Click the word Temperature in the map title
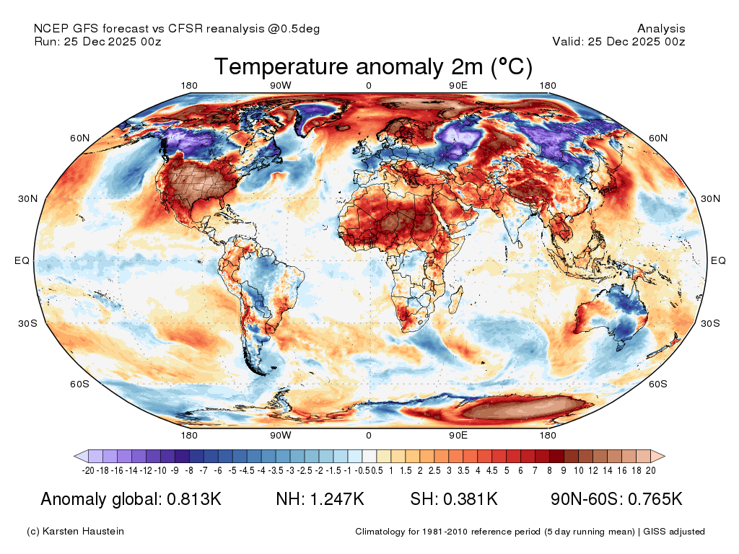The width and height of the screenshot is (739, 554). tap(281, 66)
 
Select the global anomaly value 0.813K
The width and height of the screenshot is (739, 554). tap(194, 499)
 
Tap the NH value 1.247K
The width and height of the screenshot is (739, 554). tap(336, 499)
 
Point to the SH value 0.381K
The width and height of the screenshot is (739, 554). tap(471, 499)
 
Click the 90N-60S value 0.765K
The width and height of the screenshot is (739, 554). tap(655, 499)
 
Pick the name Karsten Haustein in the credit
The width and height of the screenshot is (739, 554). tap(83, 532)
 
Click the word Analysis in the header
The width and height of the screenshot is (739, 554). tap(661, 29)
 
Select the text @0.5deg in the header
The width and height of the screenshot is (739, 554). tap(294, 29)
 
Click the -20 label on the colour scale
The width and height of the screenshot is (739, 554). tap(88, 470)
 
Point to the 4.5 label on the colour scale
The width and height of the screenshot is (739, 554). tap(491, 470)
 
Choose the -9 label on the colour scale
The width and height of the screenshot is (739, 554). tap(175, 470)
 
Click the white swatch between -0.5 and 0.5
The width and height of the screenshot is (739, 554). tap(369, 456)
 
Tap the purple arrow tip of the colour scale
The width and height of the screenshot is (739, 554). tap(75, 456)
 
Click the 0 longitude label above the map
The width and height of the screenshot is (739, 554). tap(369, 86)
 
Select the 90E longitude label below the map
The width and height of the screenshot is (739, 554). tap(458, 435)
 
